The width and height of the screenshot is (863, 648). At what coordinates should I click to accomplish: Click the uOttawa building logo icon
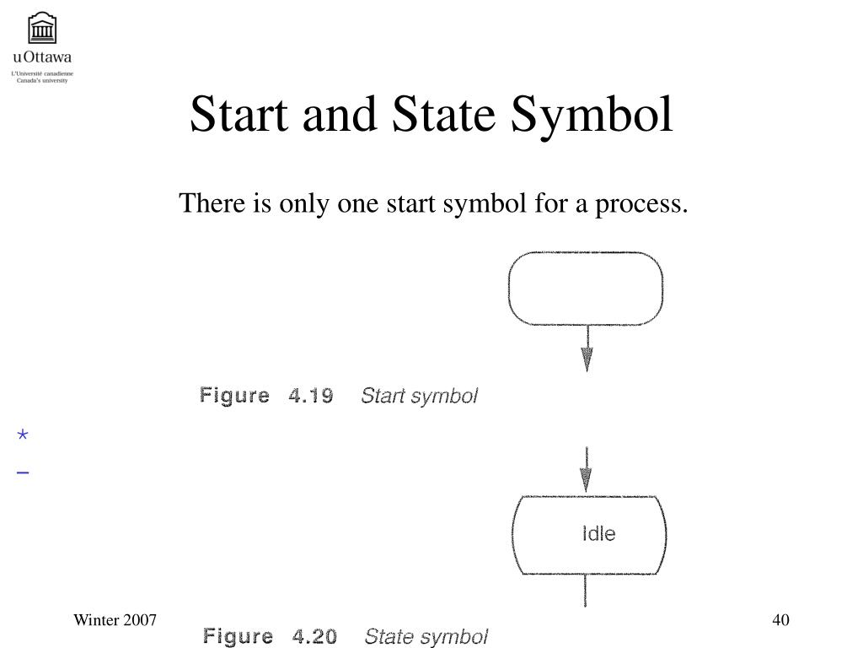[42, 28]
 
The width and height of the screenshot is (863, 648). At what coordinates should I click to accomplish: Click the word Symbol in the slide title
[592, 114]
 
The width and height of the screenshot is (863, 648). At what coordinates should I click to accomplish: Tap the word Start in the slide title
[239, 114]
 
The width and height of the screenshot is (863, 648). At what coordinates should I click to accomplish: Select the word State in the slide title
[443, 114]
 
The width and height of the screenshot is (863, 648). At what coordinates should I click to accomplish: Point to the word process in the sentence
[641, 204]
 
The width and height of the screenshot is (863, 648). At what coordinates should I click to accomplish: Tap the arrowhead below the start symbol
[587, 359]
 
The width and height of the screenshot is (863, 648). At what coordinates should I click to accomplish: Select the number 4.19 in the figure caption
[311, 396]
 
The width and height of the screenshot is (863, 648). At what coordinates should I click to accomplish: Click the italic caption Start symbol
[420, 397]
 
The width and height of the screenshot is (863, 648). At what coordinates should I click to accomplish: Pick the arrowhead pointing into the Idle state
[587, 479]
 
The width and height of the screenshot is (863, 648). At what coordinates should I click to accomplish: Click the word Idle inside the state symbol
[599, 533]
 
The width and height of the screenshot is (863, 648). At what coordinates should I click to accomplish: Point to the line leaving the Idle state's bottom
[585, 591]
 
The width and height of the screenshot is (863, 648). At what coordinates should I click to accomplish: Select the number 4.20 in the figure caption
[315, 636]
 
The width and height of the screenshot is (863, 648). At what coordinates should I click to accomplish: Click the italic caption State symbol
[426, 637]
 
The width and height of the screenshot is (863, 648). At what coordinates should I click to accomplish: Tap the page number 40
[780, 620]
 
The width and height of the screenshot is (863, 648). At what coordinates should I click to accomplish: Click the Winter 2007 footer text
[115, 620]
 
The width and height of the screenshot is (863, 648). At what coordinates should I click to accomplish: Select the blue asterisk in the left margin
[23, 435]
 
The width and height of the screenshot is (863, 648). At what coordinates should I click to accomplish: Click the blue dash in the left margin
[23, 472]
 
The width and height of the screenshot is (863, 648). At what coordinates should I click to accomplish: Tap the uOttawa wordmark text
[42, 57]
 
